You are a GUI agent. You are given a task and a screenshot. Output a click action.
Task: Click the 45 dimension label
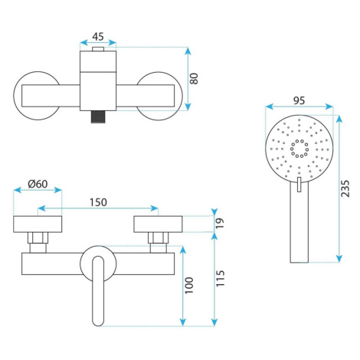(98, 37)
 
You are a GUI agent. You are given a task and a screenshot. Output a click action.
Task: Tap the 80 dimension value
(194, 79)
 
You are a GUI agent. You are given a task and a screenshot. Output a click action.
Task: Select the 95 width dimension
(299, 100)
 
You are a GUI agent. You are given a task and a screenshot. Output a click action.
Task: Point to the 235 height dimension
(345, 188)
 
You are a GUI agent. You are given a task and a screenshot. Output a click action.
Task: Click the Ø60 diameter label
(38, 184)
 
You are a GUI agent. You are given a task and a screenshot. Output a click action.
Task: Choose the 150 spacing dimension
(98, 202)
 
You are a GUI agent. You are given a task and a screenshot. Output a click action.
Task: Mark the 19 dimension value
(219, 223)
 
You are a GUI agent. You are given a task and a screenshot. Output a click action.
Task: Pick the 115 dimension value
(220, 278)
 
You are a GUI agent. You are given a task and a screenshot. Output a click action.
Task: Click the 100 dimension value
(189, 285)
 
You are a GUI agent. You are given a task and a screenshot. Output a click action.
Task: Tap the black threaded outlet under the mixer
(98, 116)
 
